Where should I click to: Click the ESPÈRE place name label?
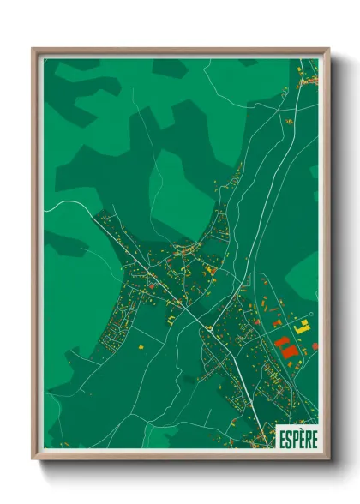pyautogui.click(x=297, y=438)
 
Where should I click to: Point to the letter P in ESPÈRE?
pyautogui.click(x=294, y=439)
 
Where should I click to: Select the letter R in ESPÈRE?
pyautogui.click(x=307, y=439)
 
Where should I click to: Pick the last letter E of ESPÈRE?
pyautogui.click(x=314, y=439)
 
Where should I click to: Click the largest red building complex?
pyautogui.click(x=285, y=348)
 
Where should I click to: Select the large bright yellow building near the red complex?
pyautogui.click(x=301, y=327)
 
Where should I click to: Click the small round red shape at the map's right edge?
pyautogui.click(x=315, y=345)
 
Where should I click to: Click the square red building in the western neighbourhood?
pyautogui.click(x=152, y=285)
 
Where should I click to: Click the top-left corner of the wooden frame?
pyautogui.click(x=33, y=50)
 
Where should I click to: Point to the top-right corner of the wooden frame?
pyautogui.click(x=328, y=50)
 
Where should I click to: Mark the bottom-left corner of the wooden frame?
pyautogui.click(x=33, y=460)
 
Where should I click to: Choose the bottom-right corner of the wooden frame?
pyautogui.click(x=328, y=460)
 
